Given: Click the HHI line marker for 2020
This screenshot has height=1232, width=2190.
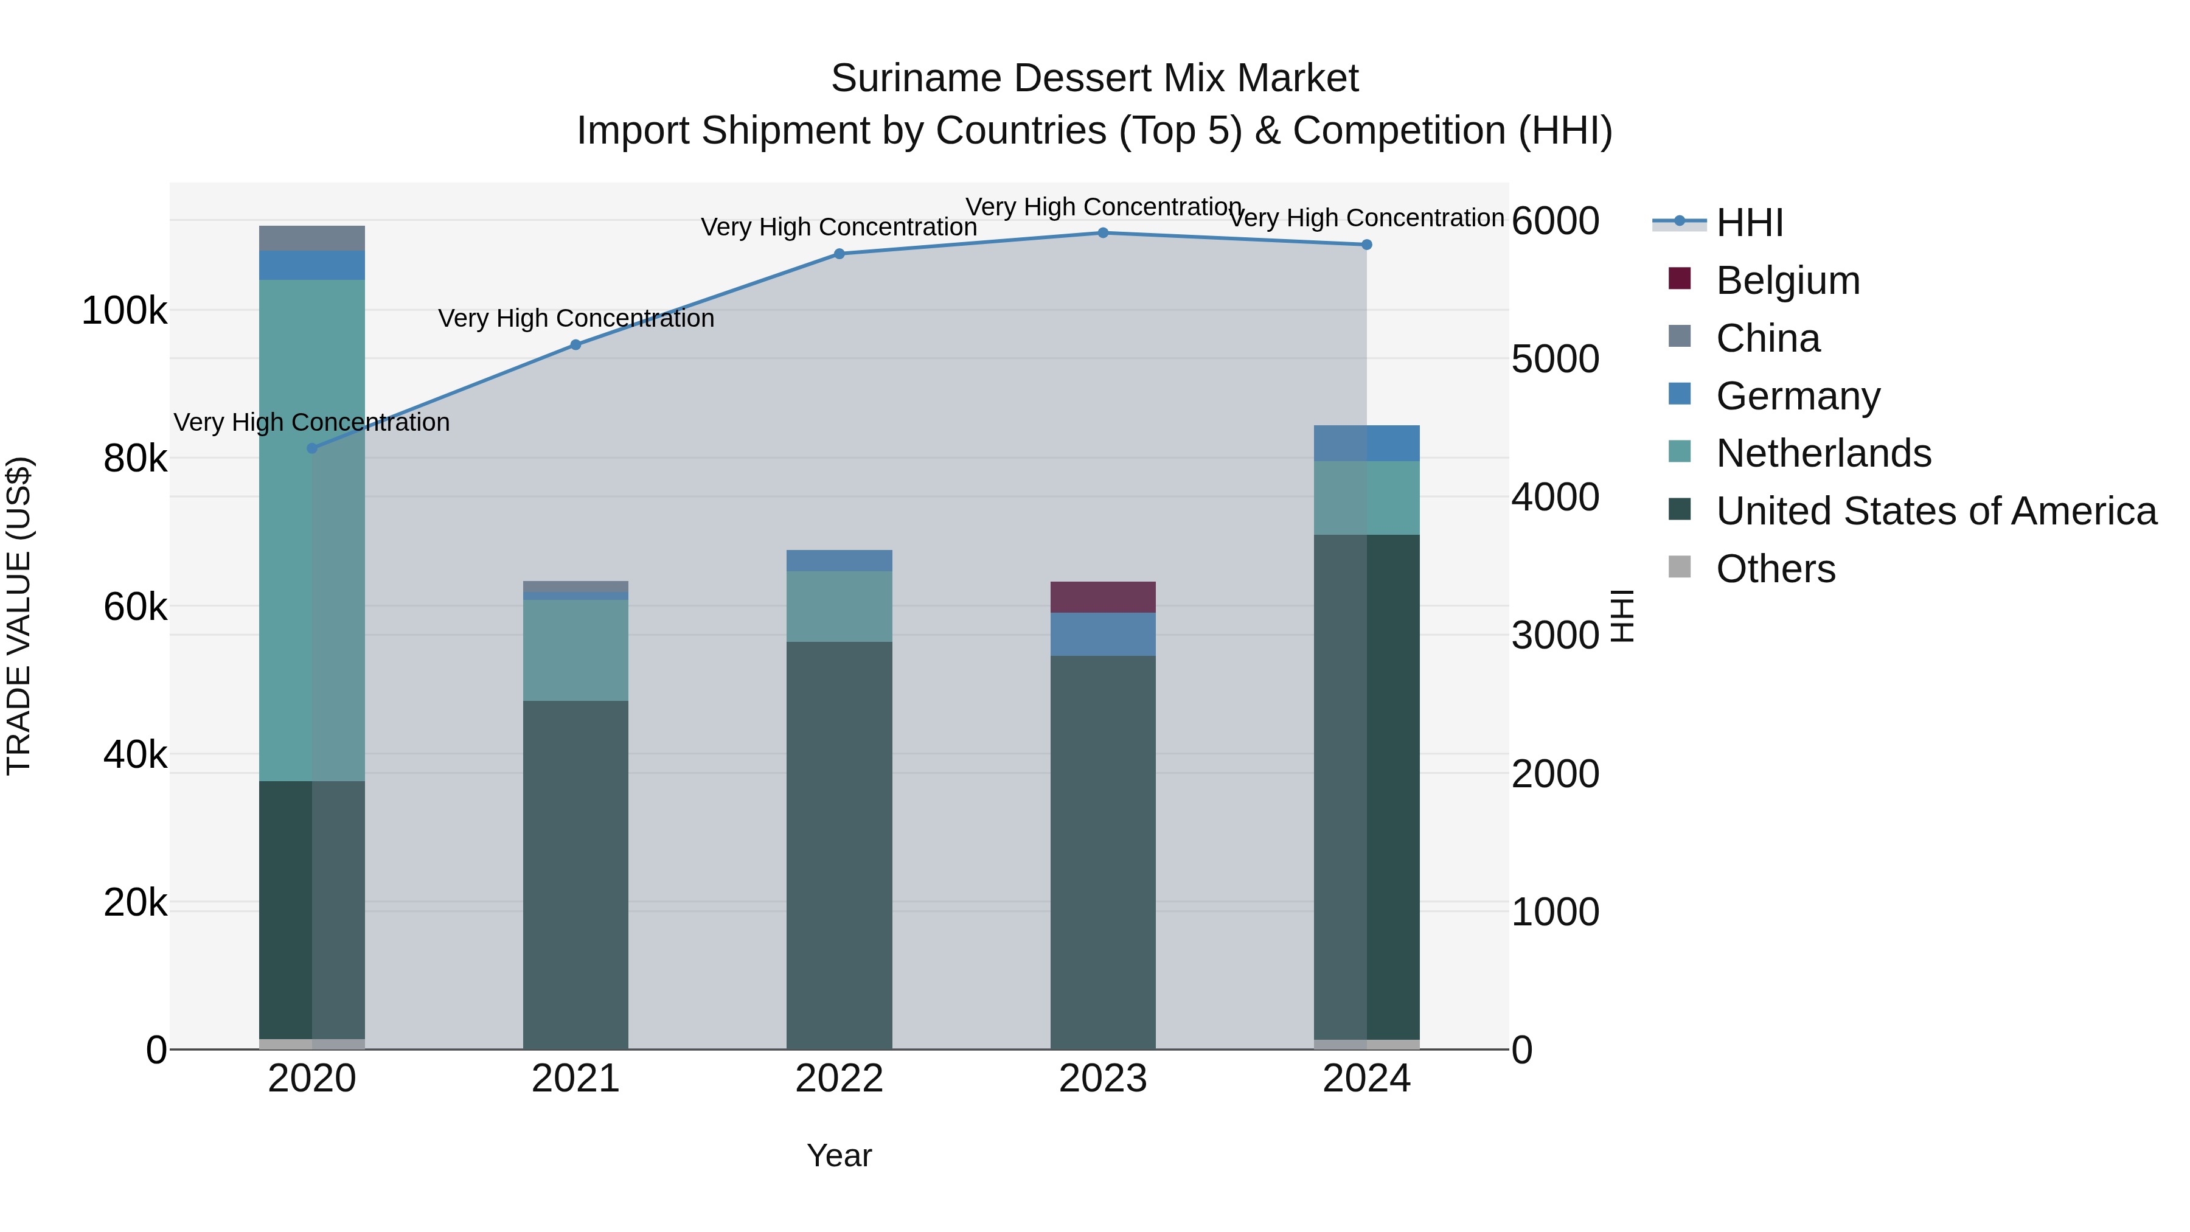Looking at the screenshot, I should tap(312, 448).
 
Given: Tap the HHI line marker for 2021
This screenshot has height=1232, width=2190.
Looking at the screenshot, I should tap(575, 344).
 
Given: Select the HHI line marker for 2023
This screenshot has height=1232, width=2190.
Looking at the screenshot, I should tap(1103, 232).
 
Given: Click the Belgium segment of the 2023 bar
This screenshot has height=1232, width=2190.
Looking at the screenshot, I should tap(1103, 597).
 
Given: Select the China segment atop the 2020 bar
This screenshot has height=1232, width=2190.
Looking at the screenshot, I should tap(312, 238).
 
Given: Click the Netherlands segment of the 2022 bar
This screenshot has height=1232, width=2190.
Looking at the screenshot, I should tap(839, 606).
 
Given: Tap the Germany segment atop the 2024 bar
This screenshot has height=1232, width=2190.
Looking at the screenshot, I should tap(1366, 443).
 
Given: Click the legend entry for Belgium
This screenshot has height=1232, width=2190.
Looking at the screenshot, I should tap(1788, 280).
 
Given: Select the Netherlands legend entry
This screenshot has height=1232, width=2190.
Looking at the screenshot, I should tap(1824, 453).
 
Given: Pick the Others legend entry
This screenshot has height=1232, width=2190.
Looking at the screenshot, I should tap(1775, 569).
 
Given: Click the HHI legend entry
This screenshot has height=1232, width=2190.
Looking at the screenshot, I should tap(1750, 223).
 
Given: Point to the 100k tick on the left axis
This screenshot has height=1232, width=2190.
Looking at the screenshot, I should tap(124, 311).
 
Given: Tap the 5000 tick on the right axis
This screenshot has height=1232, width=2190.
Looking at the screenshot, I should tap(1555, 359).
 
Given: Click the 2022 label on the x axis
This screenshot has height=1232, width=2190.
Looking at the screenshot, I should tap(839, 1079).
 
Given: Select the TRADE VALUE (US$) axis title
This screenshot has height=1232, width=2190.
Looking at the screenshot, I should tap(19, 616).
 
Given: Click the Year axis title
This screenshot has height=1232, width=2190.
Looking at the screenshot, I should tap(839, 1155).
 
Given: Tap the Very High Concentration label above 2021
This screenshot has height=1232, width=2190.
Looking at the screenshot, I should tap(575, 318).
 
